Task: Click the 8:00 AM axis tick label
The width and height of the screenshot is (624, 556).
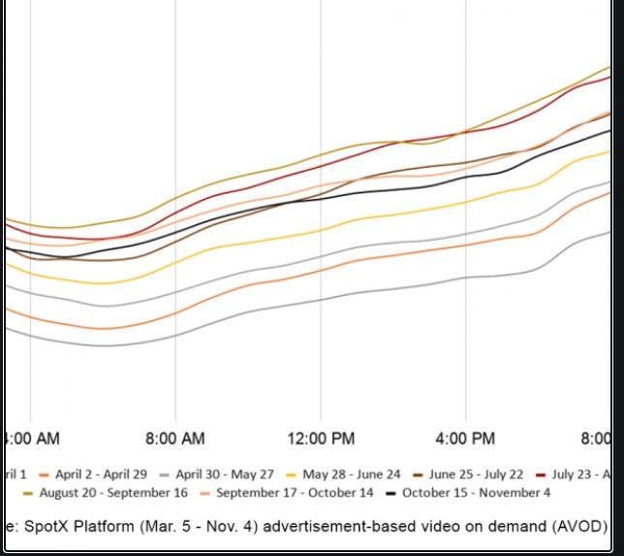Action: (x=175, y=439)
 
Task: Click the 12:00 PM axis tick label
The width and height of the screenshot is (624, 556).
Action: (x=321, y=439)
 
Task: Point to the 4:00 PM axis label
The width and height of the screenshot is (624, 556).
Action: (x=466, y=439)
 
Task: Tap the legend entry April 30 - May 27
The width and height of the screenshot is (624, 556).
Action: (x=225, y=474)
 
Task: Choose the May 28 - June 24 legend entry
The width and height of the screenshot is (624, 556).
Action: (x=351, y=474)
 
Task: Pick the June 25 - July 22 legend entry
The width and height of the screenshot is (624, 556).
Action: (x=476, y=474)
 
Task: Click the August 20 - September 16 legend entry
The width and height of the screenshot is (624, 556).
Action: (x=113, y=493)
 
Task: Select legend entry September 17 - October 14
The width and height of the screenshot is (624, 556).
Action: (x=294, y=493)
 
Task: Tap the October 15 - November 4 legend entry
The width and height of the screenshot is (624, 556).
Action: (x=476, y=493)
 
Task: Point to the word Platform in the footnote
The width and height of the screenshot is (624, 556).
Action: (x=110, y=526)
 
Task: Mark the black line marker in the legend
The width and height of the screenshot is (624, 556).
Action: (x=391, y=493)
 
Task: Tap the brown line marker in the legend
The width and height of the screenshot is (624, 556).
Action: (x=419, y=474)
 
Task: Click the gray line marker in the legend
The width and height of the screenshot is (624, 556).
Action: (x=166, y=474)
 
